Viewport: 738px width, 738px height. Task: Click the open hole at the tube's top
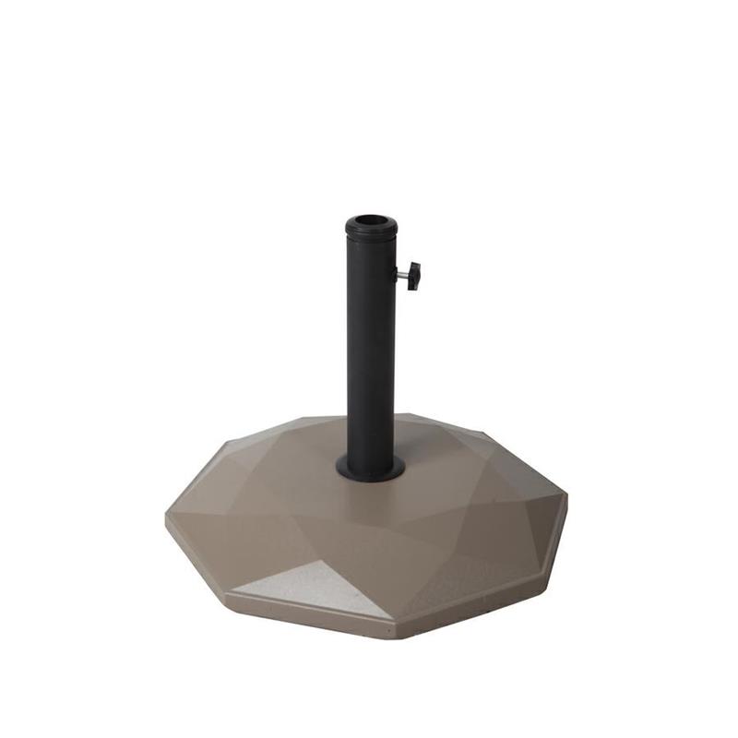pyautogui.click(x=371, y=222)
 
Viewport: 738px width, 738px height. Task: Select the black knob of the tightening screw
pyautogui.click(x=413, y=275)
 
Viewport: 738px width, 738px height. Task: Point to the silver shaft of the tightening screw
pyautogui.click(x=402, y=273)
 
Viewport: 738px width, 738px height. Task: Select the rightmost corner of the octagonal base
pyautogui.click(x=566, y=498)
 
